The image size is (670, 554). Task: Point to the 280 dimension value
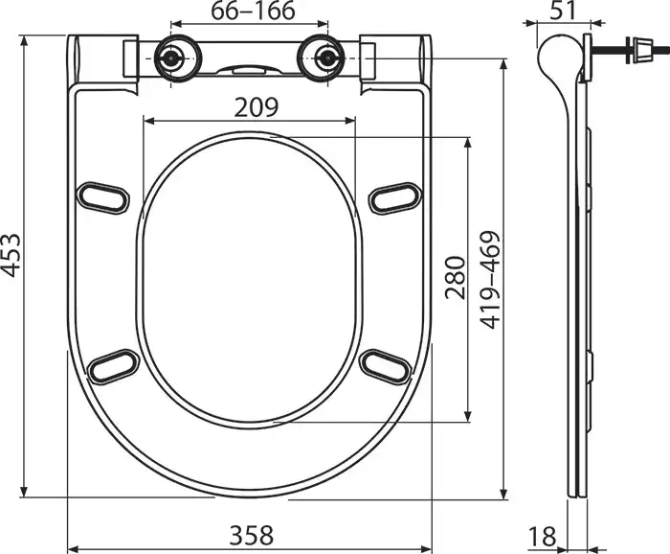454,278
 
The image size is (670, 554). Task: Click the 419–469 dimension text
489,280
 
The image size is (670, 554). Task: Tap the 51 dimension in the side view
565,12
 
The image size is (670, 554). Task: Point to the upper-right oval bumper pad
392,196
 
